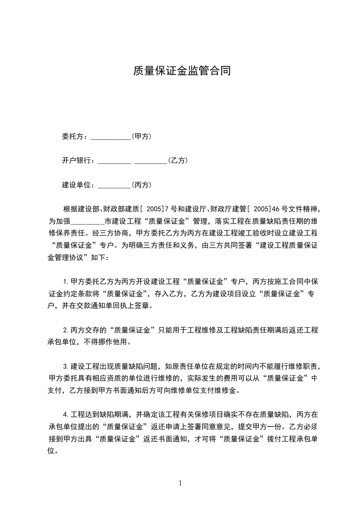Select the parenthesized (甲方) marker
pos(141,136)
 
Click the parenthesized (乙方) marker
pos(178,161)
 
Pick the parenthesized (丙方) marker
pos(141,185)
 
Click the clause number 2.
pos(66,330)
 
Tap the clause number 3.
pos(66,366)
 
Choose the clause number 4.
pos(66,415)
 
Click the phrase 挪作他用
pos(113,342)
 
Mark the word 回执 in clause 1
pos(115,305)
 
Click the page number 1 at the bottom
pos(180,483)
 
